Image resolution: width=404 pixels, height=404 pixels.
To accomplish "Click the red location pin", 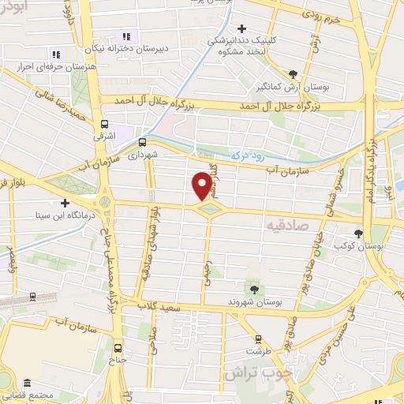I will coord(203,185).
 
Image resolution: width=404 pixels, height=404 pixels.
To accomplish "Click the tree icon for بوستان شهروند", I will coord(253,286).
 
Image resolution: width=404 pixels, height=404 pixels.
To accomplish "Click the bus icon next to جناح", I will coord(118,347).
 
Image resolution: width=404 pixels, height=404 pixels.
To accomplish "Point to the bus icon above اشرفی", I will coord(104,124).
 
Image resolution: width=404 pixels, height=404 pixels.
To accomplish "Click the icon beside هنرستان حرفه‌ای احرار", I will coord(55,54).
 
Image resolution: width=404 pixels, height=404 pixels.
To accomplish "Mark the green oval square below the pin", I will coord(208,209).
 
